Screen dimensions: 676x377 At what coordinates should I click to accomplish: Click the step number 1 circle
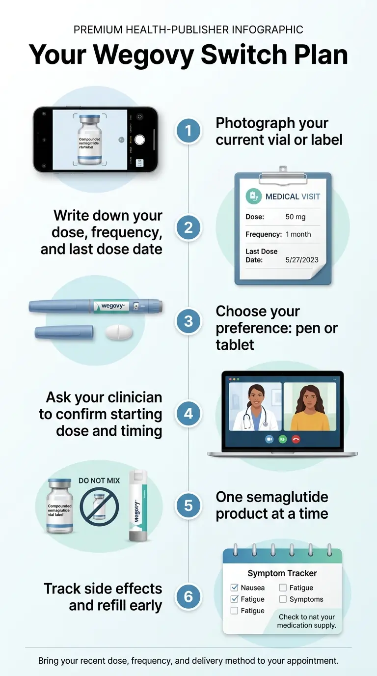(188, 131)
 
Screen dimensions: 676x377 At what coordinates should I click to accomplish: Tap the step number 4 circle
(188, 414)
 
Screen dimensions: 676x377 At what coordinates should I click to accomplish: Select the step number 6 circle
(188, 597)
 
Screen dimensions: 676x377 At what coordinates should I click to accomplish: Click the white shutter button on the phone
(139, 140)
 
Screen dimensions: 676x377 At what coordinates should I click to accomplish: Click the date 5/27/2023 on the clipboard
(302, 260)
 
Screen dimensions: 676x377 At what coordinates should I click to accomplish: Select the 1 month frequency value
(298, 234)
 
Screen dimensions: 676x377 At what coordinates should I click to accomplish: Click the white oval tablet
(119, 333)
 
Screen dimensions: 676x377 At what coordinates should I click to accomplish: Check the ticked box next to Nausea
(235, 588)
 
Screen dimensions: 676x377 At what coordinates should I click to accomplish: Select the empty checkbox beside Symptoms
(283, 599)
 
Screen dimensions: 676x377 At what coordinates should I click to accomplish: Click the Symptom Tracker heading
(282, 573)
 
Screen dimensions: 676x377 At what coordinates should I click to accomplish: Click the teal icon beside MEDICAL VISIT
(253, 197)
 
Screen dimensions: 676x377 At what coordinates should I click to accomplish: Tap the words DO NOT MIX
(99, 480)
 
